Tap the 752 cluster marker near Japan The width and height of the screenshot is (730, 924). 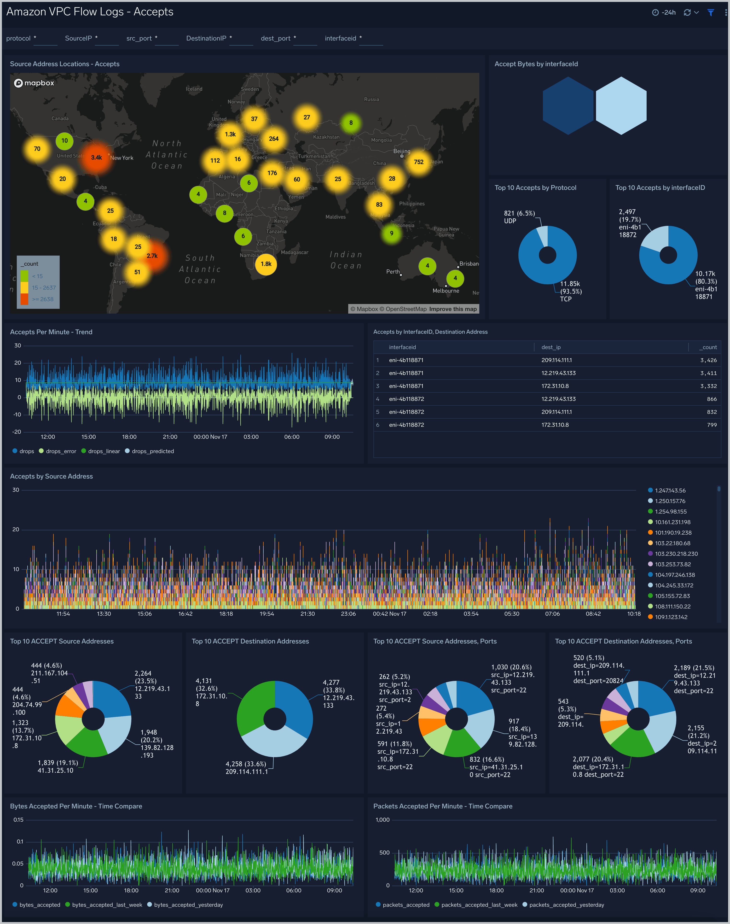pos(418,162)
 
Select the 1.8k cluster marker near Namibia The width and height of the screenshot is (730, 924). pos(266,264)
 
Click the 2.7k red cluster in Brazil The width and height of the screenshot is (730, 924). pos(152,256)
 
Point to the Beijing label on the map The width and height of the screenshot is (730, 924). pos(401,151)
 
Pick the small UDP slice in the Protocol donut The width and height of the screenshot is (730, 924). pos(542,236)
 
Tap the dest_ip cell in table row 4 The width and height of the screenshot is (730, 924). pos(558,399)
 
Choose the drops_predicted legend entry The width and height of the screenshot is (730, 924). pos(153,451)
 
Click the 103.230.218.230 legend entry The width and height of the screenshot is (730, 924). pos(676,554)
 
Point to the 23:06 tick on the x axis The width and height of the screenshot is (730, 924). pos(348,614)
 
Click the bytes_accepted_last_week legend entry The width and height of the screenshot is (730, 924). pos(107,905)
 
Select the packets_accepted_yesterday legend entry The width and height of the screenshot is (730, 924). pos(566,905)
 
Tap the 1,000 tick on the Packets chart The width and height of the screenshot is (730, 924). pos(382,820)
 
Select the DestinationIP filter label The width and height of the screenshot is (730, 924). pos(206,39)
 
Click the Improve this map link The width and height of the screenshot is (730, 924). pos(453,309)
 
